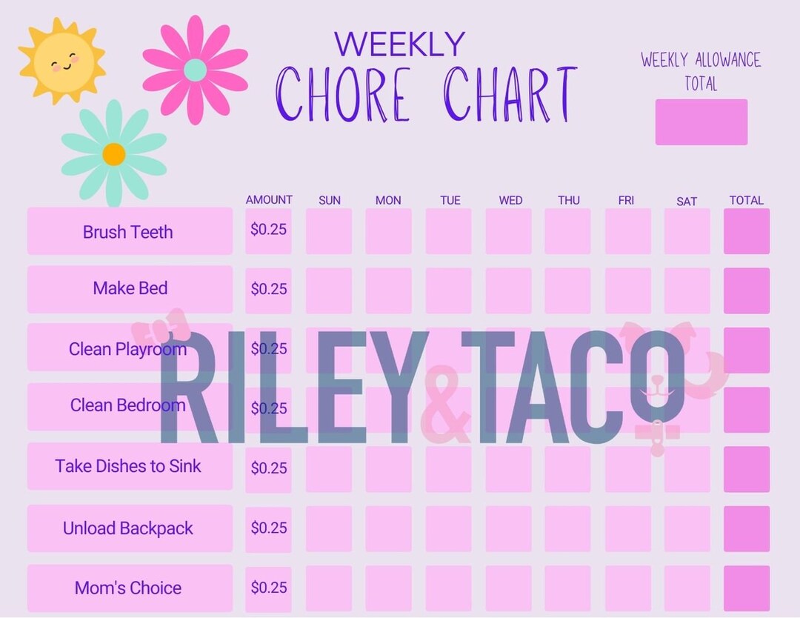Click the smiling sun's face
(64, 62)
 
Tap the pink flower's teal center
(195, 70)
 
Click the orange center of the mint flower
(114, 154)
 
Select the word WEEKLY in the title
(399, 44)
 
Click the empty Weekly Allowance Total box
(701, 122)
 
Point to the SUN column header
(330, 200)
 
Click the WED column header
(510, 200)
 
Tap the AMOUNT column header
(269, 199)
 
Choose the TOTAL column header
(746, 200)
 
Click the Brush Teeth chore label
(128, 232)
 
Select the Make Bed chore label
(130, 288)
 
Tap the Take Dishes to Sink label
(128, 466)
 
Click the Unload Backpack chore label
(128, 528)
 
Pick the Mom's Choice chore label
(128, 588)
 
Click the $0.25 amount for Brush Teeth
(268, 230)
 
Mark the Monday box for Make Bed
(388, 290)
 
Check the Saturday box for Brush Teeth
(687, 231)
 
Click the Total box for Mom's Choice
(746, 588)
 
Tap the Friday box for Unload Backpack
(627, 529)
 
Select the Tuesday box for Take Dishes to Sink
(448, 469)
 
